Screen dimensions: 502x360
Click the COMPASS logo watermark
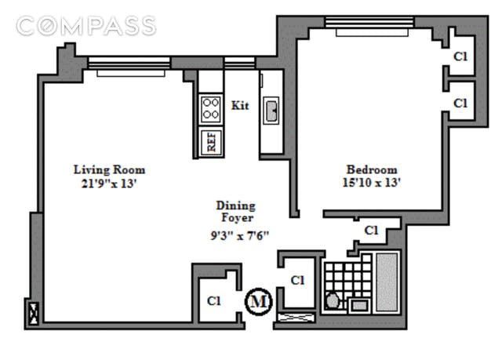coord(85,26)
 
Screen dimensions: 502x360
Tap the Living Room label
coord(110,169)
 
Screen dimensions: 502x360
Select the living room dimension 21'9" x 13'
coord(109,184)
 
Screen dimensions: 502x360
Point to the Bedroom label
coord(372,169)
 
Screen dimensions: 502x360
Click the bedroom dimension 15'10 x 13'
coord(371,183)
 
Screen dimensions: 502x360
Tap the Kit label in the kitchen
coord(240,105)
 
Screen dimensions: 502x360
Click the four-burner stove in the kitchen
coord(211,109)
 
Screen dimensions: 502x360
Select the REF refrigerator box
coord(211,141)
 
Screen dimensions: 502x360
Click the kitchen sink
coord(271,111)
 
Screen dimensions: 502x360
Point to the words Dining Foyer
coord(236,211)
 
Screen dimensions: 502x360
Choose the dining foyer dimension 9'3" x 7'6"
coord(239,236)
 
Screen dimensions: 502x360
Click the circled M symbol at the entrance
coord(258,301)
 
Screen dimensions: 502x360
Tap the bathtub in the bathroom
coord(387,282)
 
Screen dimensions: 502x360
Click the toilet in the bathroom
coord(333,301)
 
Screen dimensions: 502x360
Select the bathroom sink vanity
coord(359,305)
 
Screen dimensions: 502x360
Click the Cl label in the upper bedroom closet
coord(460,56)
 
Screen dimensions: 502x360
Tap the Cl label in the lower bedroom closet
coord(460,103)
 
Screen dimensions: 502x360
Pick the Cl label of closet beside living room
coord(214,301)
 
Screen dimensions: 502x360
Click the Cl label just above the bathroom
coord(371,230)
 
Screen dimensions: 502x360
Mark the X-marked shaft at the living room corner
coord(33,314)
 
